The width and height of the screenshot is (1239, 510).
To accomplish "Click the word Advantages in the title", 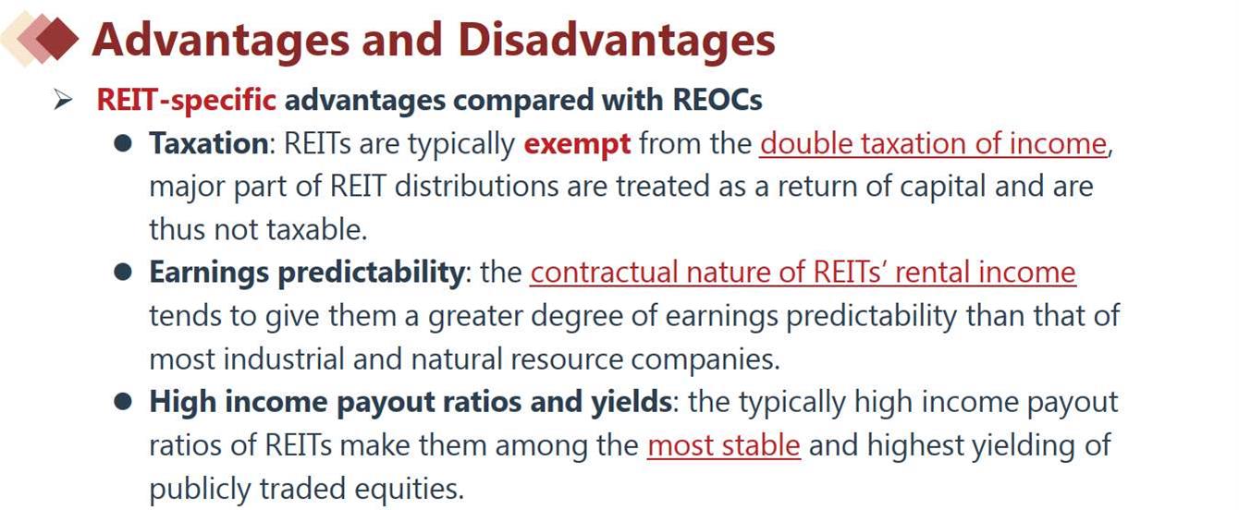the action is pyautogui.click(x=220, y=41).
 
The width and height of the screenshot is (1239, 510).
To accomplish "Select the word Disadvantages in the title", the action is pyautogui.click(x=616, y=41).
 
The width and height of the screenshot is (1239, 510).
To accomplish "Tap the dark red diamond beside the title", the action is pyautogui.click(x=57, y=39).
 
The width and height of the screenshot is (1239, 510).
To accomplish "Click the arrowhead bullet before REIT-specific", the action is pyautogui.click(x=64, y=100).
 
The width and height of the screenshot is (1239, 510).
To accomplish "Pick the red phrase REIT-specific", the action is pyautogui.click(x=187, y=100).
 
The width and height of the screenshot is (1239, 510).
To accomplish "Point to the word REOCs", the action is pyautogui.click(x=717, y=100).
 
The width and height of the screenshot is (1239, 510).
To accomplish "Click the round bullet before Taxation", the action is pyautogui.click(x=123, y=143).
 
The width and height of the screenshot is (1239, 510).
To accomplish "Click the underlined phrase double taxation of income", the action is pyautogui.click(x=933, y=144).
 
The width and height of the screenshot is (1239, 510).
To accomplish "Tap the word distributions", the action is pyautogui.click(x=476, y=187).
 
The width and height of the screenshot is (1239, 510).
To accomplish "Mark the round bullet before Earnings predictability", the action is pyautogui.click(x=123, y=273).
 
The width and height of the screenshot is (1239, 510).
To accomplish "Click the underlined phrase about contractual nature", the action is pyautogui.click(x=804, y=273).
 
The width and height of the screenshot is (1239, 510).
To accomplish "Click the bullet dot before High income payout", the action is pyautogui.click(x=123, y=402).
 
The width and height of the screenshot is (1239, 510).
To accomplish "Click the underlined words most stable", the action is pyautogui.click(x=723, y=445).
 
